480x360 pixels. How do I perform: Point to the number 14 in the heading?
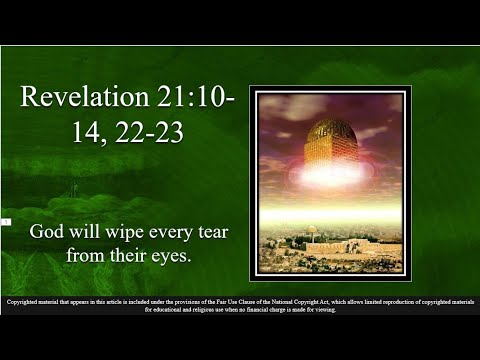(83, 131)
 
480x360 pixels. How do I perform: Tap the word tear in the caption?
(214, 231)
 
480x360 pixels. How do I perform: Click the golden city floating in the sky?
(330, 150)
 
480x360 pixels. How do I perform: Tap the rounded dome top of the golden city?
(330, 127)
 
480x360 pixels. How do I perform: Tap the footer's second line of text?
(239, 309)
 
